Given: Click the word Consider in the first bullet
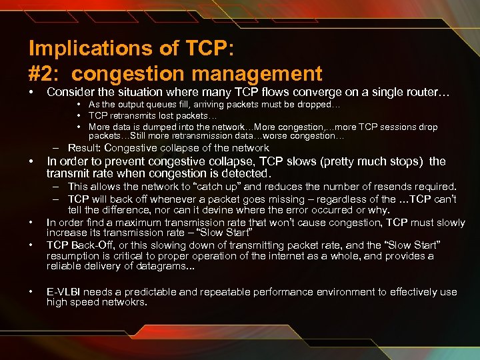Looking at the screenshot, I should pyautogui.click(x=69, y=92).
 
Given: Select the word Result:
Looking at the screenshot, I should pyautogui.click(x=84, y=148).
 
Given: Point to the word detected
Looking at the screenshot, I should pyautogui.click(x=245, y=173).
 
